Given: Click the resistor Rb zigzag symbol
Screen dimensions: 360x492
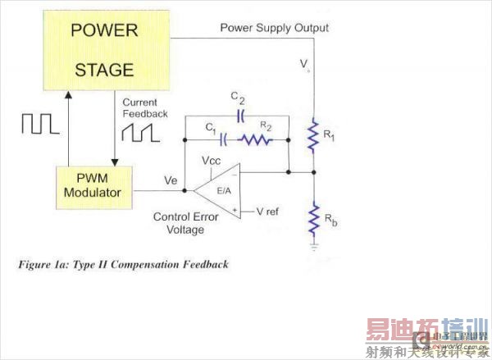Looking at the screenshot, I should point(313,220).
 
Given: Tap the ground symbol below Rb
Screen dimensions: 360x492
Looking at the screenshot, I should point(313,244).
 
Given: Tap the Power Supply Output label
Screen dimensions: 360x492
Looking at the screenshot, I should point(274,28).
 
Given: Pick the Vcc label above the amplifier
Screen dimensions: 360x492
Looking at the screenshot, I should point(212,162).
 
